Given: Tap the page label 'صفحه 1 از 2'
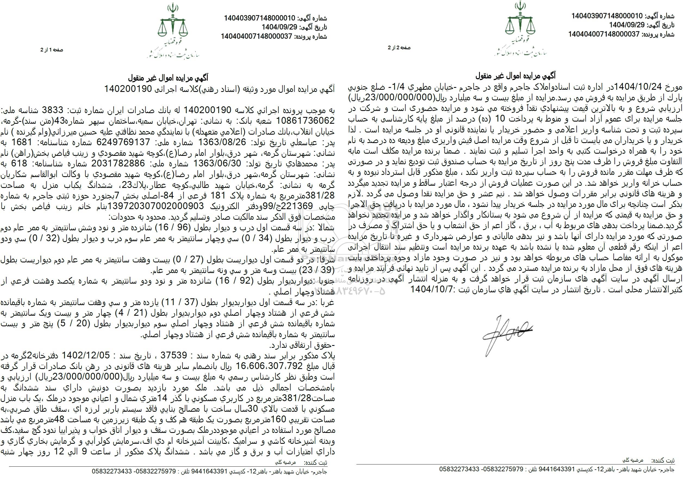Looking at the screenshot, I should click(52, 50).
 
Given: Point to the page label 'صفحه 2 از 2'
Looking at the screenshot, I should click(399, 48).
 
